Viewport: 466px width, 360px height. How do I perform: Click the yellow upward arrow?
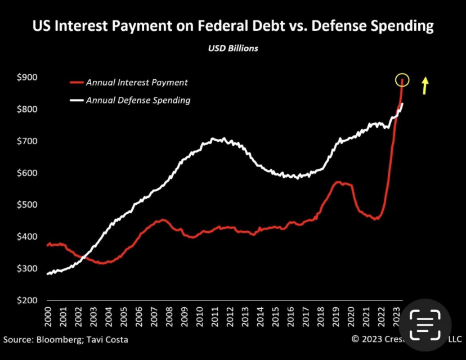(425, 85)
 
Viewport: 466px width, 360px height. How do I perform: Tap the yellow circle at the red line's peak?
(402, 80)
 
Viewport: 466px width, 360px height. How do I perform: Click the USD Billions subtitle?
(233, 48)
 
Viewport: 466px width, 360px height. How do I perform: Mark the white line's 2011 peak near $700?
(214, 138)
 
